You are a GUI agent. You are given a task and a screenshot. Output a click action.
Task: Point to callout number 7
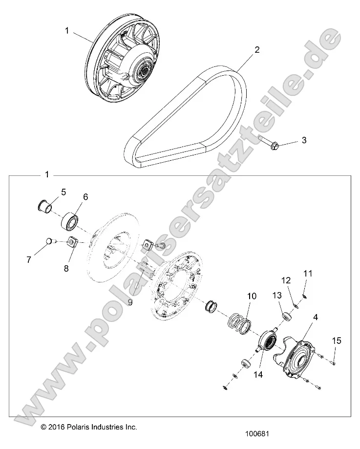[x=29, y=260]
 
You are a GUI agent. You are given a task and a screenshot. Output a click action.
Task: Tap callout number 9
[x=130, y=302]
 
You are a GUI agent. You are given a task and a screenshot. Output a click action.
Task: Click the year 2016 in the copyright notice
[x=58, y=426]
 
